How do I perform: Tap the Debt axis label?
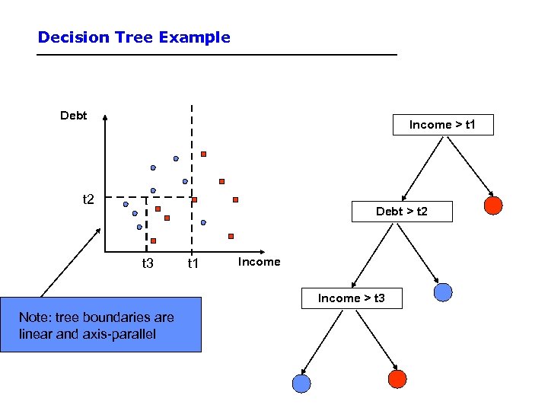(x=74, y=116)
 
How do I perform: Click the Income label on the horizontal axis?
(x=259, y=262)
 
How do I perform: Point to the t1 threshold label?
(x=193, y=263)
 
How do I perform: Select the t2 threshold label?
(x=88, y=199)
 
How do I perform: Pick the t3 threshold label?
(x=148, y=263)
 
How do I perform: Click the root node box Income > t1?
(x=442, y=125)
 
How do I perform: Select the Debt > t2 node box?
(x=401, y=211)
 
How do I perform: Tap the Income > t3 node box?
(x=351, y=298)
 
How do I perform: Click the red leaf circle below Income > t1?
(x=493, y=205)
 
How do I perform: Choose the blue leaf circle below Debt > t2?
(x=442, y=292)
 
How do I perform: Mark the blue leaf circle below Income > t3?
(x=301, y=384)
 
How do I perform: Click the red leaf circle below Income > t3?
(x=397, y=379)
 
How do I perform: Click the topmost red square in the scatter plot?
(x=203, y=155)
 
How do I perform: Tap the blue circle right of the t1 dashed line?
(x=203, y=222)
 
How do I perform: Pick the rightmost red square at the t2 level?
(x=235, y=200)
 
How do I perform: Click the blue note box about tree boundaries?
(x=100, y=324)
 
